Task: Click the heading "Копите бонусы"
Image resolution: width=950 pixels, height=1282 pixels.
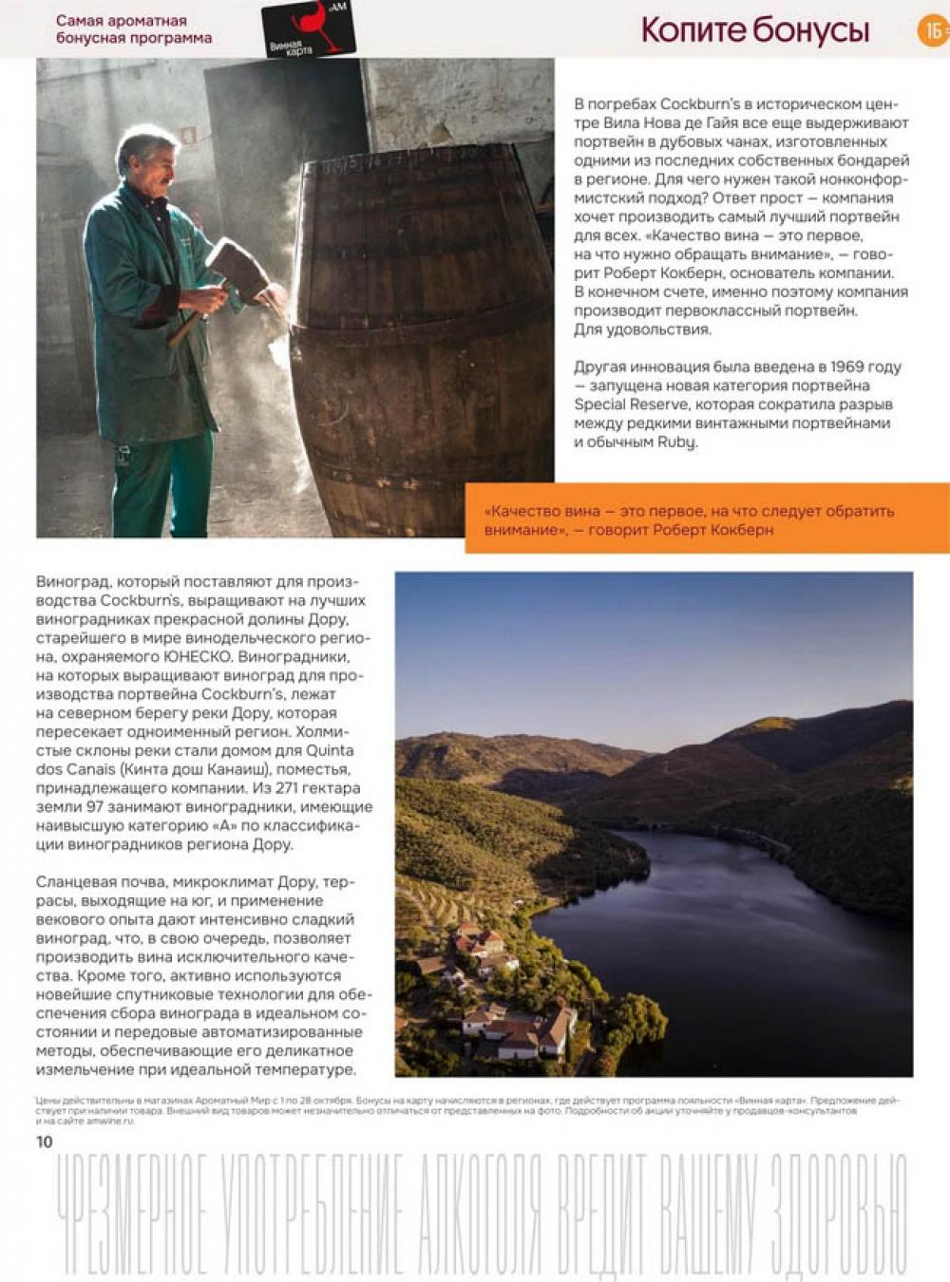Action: coord(755,30)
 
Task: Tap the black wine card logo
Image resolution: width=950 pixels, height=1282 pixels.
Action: coord(308,28)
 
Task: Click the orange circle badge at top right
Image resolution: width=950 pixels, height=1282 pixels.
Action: coord(933,30)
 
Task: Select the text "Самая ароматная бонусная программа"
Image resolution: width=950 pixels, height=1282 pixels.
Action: coord(133,29)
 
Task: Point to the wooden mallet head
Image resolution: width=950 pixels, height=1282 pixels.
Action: coord(238,270)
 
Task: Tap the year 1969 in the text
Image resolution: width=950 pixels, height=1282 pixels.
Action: coord(847,367)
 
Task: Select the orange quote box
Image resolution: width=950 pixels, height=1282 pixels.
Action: coord(707,519)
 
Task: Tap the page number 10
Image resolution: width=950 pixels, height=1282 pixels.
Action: coord(45,1141)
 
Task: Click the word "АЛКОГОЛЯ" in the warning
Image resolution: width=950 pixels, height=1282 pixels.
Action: coord(480,1216)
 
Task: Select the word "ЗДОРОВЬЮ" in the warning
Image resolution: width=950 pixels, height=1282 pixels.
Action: coord(838,1216)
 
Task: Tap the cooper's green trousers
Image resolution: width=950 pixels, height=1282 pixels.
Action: coord(161,484)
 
